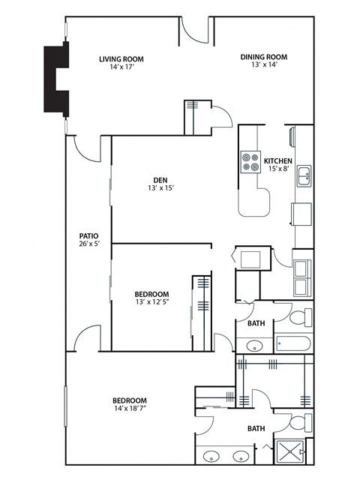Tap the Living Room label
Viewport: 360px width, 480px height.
click(121, 59)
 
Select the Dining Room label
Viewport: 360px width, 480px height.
click(264, 57)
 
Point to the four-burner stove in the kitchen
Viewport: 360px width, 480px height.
click(250, 162)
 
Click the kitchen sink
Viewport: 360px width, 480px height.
click(304, 177)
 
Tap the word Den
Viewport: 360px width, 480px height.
click(160, 179)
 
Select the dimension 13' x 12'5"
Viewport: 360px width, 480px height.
click(151, 302)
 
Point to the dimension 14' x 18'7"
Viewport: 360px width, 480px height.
click(130, 409)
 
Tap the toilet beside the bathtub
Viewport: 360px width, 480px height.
click(298, 318)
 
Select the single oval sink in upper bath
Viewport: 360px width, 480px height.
click(254, 346)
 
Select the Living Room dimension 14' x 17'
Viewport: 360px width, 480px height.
click(121, 67)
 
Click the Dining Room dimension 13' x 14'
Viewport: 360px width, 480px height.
click(264, 65)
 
